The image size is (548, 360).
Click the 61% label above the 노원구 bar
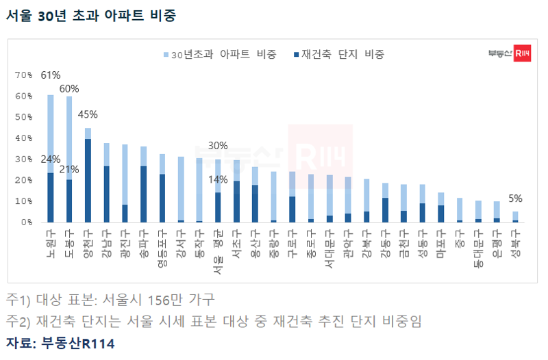click(51, 75)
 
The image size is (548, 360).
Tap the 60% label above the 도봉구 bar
click(69, 88)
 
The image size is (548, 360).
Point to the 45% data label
click(88, 114)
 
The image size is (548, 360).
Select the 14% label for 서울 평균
click(217, 180)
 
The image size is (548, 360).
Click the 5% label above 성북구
click(515, 198)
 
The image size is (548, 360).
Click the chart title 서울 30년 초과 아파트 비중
click(90, 15)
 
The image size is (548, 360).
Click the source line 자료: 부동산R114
click(60, 343)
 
